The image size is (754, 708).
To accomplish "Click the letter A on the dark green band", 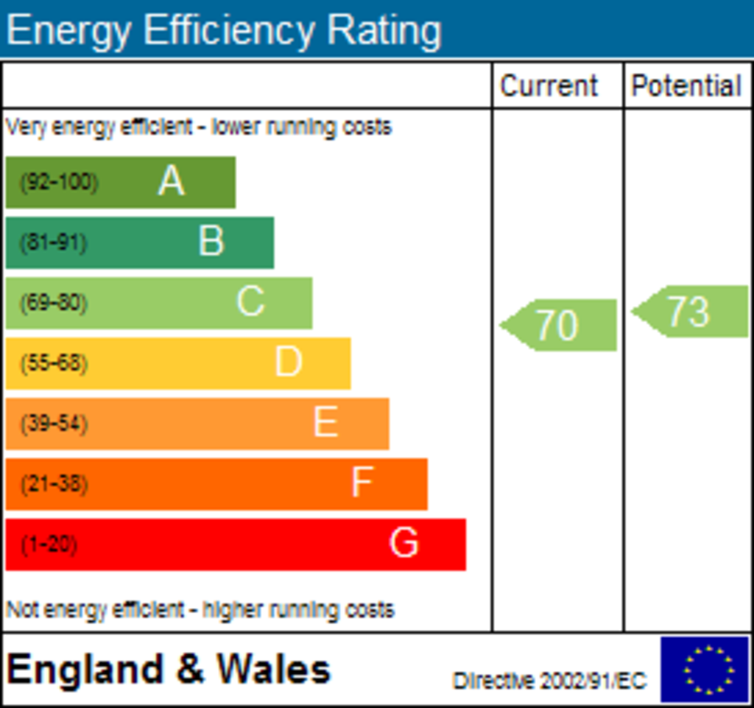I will point(171,181).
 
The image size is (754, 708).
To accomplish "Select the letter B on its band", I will point(211,242).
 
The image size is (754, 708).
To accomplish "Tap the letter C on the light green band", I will point(250,302).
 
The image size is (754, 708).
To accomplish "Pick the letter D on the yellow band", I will point(289,362).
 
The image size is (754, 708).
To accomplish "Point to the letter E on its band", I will point(325,423).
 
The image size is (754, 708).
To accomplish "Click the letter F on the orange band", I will point(362,483).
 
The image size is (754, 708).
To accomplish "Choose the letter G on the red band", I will point(404,544).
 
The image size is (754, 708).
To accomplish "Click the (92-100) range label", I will point(59,182).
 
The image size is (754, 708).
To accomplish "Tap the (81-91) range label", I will point(54,242).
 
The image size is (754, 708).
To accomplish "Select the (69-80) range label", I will point(54,303).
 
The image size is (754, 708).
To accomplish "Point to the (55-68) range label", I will point(54,363).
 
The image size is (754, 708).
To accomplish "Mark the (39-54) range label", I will point(54,424).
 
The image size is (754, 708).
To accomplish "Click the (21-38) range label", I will point(54,484).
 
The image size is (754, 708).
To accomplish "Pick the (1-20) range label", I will point(49,545).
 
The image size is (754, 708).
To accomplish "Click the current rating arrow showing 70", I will point(558,325).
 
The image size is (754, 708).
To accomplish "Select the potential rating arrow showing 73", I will point(689,312).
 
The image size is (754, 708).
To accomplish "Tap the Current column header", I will point(549,86).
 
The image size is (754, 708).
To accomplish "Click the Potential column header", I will point(686,86).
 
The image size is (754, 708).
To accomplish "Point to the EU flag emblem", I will point(705,669).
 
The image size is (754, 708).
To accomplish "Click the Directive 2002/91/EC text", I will point(549,680).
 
